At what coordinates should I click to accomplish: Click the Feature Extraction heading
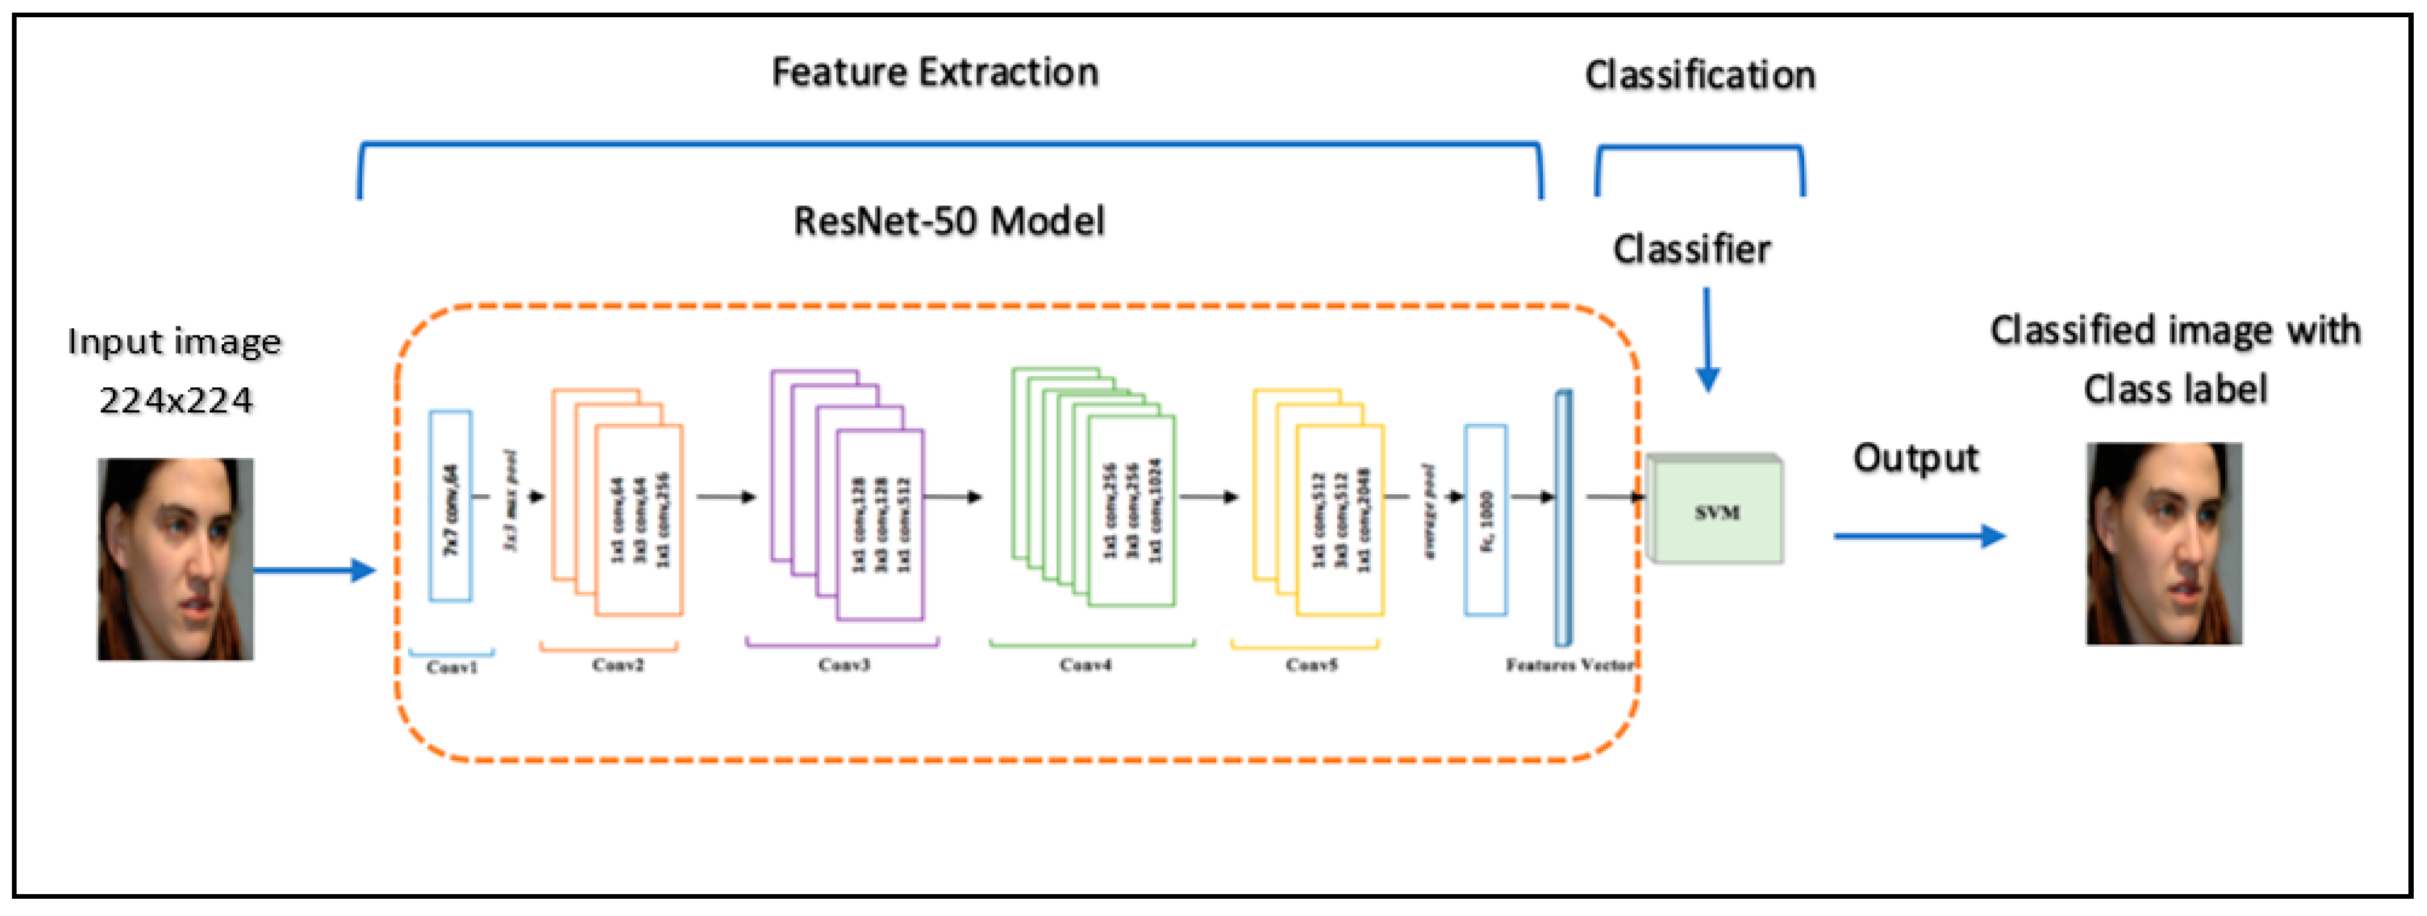(x=935, y=72)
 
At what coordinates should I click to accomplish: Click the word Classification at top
(x=1699, y=76)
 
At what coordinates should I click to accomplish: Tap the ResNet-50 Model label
(x=949, y=222)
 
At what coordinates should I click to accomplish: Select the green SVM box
(x=1717, y=511)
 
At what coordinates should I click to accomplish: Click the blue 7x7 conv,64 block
(x=450, y=506)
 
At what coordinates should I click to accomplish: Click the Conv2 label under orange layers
(x=618, y=665)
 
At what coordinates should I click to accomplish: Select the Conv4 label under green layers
(x=1085, y=665)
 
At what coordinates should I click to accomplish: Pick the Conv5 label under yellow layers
(x=1311, y=665)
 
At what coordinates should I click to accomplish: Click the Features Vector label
(x=1569, y=665)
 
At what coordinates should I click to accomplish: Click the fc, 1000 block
(x=1486, y=520)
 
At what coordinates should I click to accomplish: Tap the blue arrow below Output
(x=1918, y=536)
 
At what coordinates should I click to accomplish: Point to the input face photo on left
(x=175, y=559)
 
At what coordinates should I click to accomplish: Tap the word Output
(x=1916, y=459)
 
